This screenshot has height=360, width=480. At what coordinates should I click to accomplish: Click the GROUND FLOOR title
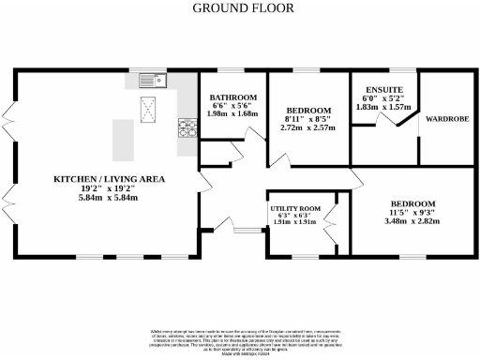[242, 8]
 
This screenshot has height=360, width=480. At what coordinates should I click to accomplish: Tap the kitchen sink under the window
[151, 82]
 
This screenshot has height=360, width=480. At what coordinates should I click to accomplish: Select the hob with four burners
[187, 127]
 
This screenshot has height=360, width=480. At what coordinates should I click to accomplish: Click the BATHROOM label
[233, 97]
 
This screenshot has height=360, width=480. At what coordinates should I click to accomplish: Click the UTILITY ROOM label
[295, 208]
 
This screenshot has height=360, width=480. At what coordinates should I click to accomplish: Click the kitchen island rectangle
[123, 139]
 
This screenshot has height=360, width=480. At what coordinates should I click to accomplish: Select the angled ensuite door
[385, 118]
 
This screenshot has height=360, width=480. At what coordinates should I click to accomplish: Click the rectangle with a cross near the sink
[150, 110]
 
